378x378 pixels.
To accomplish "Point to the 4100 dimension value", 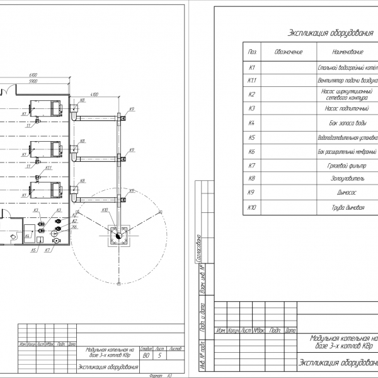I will point(95,94).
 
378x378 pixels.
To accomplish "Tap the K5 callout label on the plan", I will point(33,250).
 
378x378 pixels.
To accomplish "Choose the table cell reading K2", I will point(252,94).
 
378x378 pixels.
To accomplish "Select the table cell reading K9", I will point(252,192).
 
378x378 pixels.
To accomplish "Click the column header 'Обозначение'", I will point(289,51).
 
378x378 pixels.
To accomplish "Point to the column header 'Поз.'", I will point(253,51).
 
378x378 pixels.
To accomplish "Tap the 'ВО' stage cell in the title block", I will point(146,356).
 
